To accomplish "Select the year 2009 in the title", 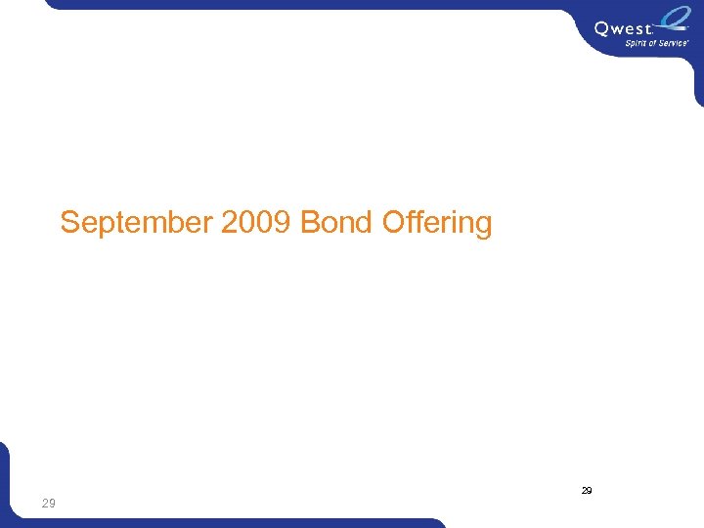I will pos(257,223).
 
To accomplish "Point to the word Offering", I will pos(437,223).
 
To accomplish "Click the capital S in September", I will pos(69,223).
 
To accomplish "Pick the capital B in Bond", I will pos(310,223).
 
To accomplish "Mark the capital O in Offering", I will pos(393,223).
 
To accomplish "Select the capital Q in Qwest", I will pos(602,29).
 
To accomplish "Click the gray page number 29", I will pos(48,503).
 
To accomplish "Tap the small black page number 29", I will pos(587,490).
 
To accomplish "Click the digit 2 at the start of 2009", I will pos(230,223).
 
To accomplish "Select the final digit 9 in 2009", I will pos(284,223).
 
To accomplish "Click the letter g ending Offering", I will pos(483,225).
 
